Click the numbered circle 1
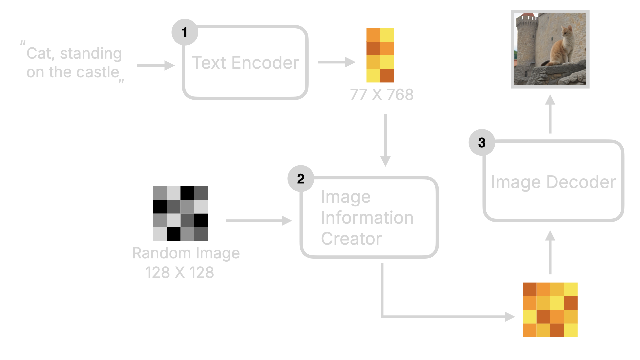[185, 32]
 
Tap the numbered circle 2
[301, 179]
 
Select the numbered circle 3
[482, 143]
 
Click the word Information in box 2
[367, 218]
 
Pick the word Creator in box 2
[351, 239]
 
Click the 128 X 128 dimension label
[179, 272]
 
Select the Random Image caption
[186, 253]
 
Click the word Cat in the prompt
[39, 54]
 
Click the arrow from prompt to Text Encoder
[155, 65]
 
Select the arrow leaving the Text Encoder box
[336, 62]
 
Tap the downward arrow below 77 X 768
[385, 140]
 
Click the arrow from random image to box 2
[259, 221]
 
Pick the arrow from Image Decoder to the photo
[550, 114]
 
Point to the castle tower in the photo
[527, 40]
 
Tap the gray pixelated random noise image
[180, 213]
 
